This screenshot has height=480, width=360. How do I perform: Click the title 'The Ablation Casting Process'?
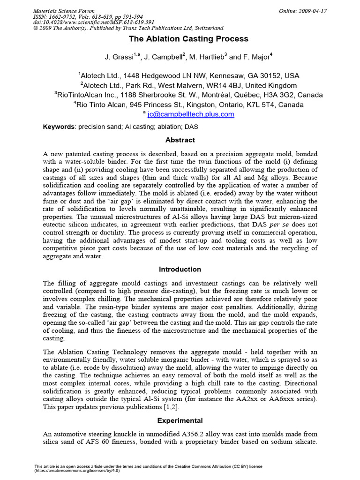pos(180,39)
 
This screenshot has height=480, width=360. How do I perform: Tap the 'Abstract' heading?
pos(180,140)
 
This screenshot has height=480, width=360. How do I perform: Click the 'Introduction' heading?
pos(180,269)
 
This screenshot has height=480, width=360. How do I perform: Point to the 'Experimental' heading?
pos(180,420)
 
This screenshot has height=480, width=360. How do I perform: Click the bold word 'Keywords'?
pos(59,127)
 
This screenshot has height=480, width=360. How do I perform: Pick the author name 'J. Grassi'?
pos(119,57)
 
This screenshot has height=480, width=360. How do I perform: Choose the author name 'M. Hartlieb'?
pos(206,57)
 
